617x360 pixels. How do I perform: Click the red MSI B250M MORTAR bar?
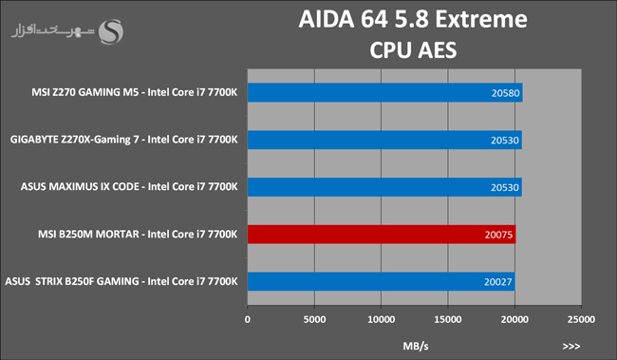pos(382,235)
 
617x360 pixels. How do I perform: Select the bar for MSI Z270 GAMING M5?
pos(384,92)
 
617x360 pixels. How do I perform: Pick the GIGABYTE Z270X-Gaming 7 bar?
pos(384,140)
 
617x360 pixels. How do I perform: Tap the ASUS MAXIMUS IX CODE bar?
pos(384,187)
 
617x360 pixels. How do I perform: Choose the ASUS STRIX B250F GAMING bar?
pos(381,281)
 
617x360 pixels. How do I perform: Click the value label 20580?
pos(505,93)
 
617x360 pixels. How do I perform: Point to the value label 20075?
pos(498,236)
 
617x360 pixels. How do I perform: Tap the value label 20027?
pos(497,282)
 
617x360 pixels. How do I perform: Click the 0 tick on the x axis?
pos(248,319)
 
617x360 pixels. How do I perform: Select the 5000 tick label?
pos(314,319)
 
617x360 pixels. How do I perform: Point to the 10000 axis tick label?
pos(381,319)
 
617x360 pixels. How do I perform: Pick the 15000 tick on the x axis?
pos(448,319)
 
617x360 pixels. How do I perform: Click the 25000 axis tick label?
pos(581,319)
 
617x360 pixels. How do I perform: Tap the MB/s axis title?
pos(416,346)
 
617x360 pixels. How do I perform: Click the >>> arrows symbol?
pos(571,346)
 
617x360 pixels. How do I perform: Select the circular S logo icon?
pos(110,31)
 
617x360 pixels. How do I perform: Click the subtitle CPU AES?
pos(413,50)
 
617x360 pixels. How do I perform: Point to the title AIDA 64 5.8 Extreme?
pos(413,19)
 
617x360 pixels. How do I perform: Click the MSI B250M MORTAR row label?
pos(138,235)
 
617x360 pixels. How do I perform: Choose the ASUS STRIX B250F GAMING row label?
pos(122,281)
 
